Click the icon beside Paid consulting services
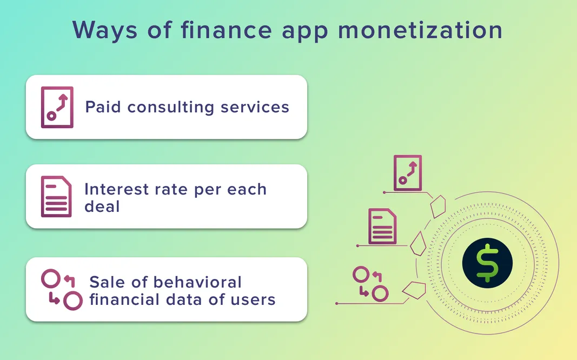click(57, 107)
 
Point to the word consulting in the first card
click(171, 107)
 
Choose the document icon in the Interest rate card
click(56, 196)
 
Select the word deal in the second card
click(102, 206)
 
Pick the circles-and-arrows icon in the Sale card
click(62, 289)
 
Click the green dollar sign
click(487, 263)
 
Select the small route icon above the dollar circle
click(408, 173)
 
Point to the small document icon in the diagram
click(382, 226)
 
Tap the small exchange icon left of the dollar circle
click(370, 283)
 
